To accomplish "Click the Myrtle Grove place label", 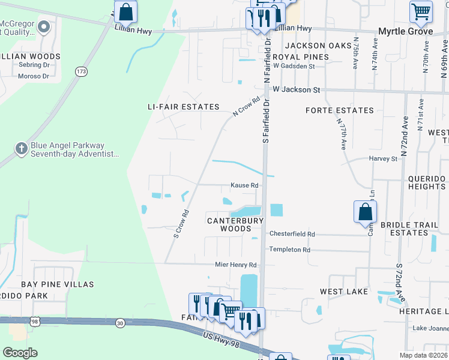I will tap(406, 31).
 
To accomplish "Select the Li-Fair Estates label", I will tap(184, 107).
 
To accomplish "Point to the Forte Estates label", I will tap(340, 110).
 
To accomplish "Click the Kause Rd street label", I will tap(245, 185).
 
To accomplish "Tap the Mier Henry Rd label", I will tap(236, 265).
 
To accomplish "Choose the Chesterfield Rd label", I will tap(292, 234).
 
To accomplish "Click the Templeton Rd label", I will tap(290, 250).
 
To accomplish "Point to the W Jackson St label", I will tap(296, 90).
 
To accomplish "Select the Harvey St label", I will tap(383, 159).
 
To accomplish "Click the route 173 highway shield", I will tap(81, 71).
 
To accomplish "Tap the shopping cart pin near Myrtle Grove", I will tap(421, 11).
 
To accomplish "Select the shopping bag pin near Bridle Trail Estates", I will tap(365, 212).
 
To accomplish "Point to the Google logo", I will tap(20, 353).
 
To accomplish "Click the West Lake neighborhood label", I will tap(340, 292).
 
